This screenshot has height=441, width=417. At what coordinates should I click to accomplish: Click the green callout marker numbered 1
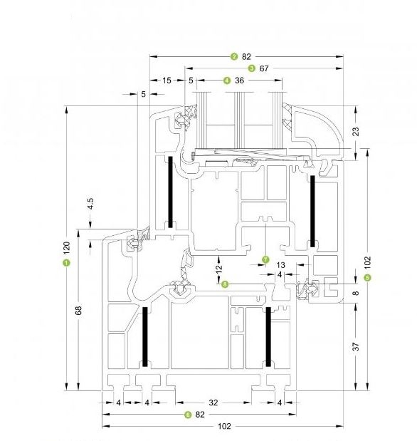67,263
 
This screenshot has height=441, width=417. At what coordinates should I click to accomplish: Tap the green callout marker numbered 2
234,56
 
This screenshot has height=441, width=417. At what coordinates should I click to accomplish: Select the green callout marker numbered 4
227,81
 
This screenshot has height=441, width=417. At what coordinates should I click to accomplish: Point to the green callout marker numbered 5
367,278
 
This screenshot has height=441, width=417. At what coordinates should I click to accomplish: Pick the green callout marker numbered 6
187,415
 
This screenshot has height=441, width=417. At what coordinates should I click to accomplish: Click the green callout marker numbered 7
265,259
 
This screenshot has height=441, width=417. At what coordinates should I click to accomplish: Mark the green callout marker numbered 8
225,284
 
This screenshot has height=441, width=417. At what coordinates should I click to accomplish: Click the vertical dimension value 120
67,247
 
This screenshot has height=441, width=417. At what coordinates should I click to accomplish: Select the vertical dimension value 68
78,310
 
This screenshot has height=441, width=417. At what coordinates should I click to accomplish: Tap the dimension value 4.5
90,204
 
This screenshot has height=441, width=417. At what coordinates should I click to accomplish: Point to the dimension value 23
356,132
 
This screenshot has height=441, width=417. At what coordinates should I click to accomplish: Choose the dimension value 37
356,346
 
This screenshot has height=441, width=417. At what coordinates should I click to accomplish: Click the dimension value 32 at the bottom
213,403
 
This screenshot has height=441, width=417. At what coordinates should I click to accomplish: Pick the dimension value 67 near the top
264,68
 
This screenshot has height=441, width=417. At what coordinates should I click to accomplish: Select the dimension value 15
167,81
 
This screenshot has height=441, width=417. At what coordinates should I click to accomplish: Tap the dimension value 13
280,265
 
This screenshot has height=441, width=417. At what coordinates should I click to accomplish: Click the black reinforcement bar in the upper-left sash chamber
170,192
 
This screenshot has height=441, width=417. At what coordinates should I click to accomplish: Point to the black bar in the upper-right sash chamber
312,211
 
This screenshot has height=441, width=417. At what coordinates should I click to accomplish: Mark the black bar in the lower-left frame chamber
145,337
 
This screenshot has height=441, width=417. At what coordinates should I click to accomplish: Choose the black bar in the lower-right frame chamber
269,337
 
